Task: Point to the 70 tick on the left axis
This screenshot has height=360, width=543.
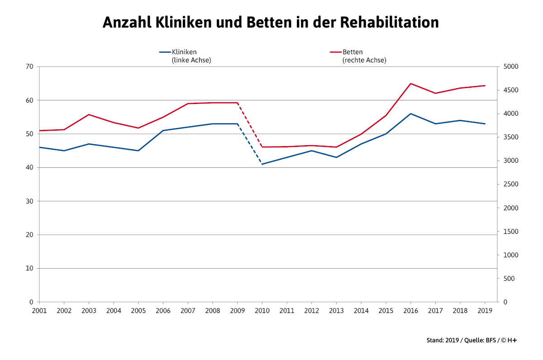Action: (30, 66)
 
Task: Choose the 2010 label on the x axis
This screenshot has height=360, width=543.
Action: (262, 311)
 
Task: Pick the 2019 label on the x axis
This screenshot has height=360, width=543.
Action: (485, 311)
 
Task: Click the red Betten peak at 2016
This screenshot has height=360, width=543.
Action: (410, 84)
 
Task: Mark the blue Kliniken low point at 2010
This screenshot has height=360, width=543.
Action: (262, 164)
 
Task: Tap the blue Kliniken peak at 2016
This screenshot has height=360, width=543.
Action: (410, 114)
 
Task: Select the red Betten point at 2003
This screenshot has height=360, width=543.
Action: (89, 114)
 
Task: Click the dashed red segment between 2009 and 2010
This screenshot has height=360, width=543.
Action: (250, 125)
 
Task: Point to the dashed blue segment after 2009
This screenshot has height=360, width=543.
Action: (250, 144)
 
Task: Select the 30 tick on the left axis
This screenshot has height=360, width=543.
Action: (30, 201)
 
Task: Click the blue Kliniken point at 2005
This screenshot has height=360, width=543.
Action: (138, 151)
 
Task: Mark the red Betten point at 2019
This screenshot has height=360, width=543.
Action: (485, 85)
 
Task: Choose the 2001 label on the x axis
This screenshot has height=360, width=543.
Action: (39, 311)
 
